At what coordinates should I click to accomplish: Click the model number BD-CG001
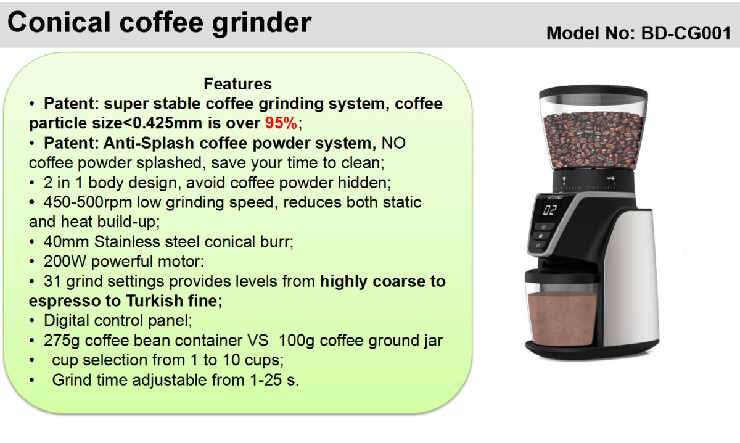pyautogui.click(x=686, y=33)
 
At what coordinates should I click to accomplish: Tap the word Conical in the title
pyautogui.click(x=59, y=22)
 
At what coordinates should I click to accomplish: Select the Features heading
pyautogui.click(x=237, y=84)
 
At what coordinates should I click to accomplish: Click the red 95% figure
pyautogui.click(x=281, y=123)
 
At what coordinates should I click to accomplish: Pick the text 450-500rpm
pyautogui.click(x=88, y=202)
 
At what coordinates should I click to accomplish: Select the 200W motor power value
pyautogui.click(x=65, y=261)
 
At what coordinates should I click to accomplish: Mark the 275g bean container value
pyautogui.click(x=62, y=340)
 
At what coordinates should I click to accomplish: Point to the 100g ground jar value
pyautogui.click(x=297, y=340)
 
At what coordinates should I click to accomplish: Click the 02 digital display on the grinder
pyautogui.click(x=549, y=210)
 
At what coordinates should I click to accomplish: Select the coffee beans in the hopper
pyautogui.click(x=593, y=141)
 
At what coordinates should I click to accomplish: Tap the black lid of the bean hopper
pyautogui.click(x=593, y=91)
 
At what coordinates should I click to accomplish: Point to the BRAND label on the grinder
pyautogui.click(x=556, y=197)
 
